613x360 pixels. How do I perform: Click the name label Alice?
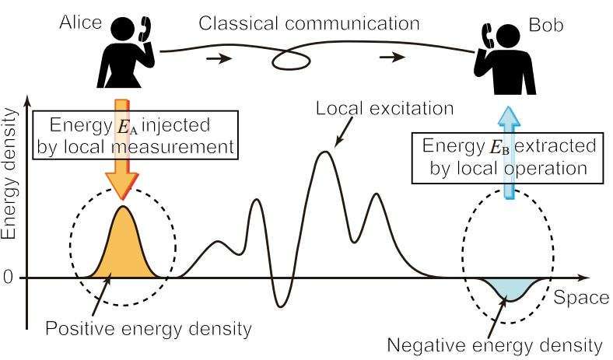81,23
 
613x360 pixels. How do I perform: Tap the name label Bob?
546,25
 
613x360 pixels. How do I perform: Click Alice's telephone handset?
145,29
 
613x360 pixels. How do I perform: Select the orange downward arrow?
122,149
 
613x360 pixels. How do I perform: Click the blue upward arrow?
509,152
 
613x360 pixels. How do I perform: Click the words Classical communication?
310,23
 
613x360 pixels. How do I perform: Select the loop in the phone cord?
291,61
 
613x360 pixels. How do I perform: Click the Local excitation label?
385,108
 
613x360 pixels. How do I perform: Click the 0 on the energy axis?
9,278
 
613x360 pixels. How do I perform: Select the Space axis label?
581,298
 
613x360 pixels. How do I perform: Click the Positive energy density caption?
149,329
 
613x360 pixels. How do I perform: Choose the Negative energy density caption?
495,345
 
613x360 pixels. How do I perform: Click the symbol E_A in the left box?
127,127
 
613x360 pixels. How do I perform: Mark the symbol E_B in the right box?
499,148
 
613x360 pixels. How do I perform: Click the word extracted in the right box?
555,146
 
